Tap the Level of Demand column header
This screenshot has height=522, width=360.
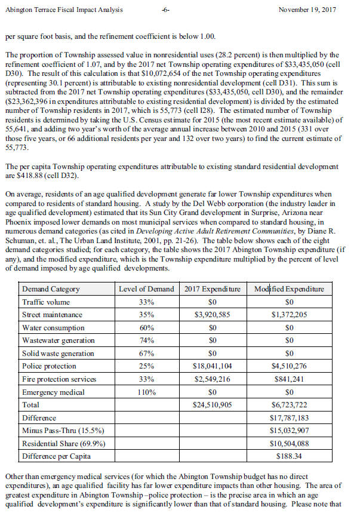coord(146,289)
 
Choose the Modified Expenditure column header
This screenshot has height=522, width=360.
coord(290,289)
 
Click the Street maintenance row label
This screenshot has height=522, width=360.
coord(52,315)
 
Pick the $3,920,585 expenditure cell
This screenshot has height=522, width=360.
coord(213,315)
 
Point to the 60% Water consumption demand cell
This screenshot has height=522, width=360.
coord(146,328)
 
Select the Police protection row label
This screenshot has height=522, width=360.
coord(48,366)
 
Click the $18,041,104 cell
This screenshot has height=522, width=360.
coord(213,366)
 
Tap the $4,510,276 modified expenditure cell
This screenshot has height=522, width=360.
coord(290,366)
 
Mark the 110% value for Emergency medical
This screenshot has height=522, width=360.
coord(146,392)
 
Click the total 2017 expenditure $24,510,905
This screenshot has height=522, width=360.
coord(213,406)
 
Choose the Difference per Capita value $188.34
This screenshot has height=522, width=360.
coord(290,457)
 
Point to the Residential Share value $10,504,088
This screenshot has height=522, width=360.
coord(290,444)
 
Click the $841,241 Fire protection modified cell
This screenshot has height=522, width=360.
coord(290,379)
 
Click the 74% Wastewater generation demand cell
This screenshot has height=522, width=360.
coord(146,340)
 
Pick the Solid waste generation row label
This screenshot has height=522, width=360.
coord(58,354)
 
